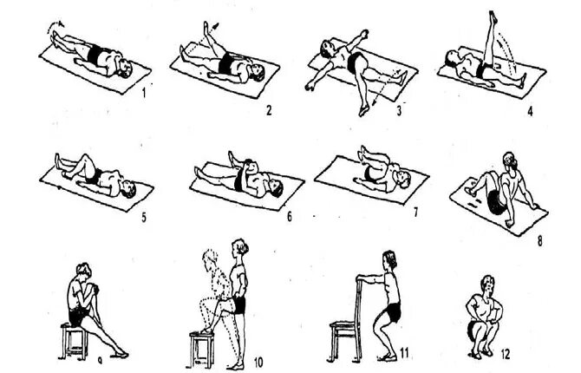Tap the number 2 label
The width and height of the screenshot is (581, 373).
click(x=268, y=112)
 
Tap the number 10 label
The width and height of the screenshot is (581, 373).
click(x=259, y=361)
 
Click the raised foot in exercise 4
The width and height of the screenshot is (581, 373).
click(x=493, y=18)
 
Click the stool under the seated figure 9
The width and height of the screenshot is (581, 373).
click(x=76, y=340)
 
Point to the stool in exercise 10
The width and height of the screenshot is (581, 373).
click(x=201, y=349)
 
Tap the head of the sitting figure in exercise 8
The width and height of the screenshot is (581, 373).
click(x=510, y=163)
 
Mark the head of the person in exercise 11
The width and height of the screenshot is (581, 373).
click(x=390, y=260)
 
